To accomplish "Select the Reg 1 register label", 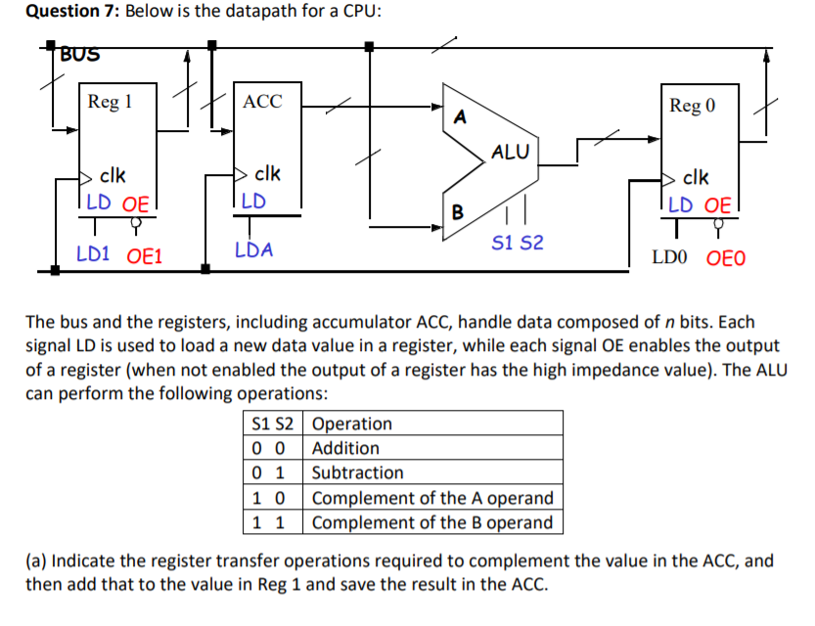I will [110, 102].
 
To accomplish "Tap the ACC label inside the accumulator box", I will [262, 102].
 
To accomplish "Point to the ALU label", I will [510, 153].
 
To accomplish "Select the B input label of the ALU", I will [457, 212].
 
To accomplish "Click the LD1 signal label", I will [95, 255].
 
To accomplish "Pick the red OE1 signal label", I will [145, 256].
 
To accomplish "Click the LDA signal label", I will [254, 250].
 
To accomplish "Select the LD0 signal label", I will [671, 258].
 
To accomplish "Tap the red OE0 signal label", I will [725, 258].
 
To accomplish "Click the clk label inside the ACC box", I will [267, 174].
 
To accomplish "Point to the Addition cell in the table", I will [345, 448].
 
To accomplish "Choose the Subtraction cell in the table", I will [357, 472].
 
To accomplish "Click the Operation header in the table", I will [351, 424].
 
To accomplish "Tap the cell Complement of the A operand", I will [431, 498].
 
